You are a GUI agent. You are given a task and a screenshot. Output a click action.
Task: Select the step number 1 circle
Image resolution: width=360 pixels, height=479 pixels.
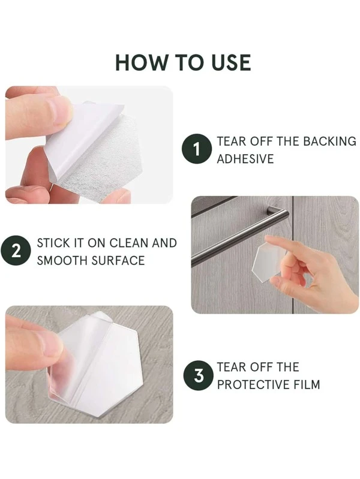[x=197, y=149]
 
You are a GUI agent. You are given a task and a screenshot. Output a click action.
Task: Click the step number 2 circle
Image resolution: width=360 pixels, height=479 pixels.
[x=16, y=251]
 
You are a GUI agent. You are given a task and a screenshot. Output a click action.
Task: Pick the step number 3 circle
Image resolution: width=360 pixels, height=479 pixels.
[x=199, y=375]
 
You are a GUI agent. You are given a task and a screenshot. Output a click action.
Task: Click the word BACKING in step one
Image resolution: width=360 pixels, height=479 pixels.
[x=330, y=141]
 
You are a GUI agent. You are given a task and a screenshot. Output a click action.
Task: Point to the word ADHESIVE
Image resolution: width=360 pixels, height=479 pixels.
[x=245, y=159]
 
